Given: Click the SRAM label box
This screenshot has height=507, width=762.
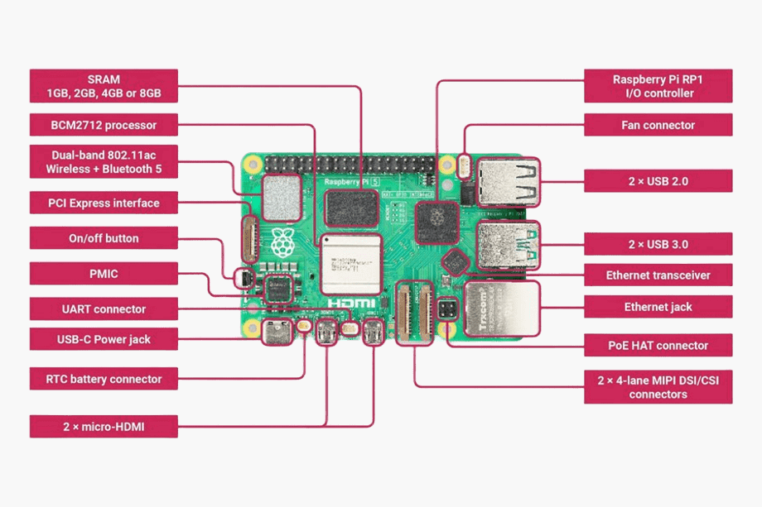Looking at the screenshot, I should pos(104,85).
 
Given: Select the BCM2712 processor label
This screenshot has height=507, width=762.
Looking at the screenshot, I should pos(104,126).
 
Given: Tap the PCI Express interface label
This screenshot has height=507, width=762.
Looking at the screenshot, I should pos(104,203).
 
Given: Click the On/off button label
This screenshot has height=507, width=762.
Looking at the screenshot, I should pos(104,238).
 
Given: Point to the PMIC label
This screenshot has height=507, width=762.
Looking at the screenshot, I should pos(104,273).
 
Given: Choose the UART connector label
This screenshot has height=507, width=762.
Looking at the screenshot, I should pos(104,309).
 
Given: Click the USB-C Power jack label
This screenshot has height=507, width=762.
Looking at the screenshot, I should pos(104,339).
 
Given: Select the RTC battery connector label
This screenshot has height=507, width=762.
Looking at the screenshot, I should pos(104,379).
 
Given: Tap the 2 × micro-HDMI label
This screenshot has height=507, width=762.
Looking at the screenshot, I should pos(104,427).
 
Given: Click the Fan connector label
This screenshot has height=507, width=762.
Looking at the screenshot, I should pos(658,126).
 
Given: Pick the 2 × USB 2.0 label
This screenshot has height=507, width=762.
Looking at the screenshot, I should pos(658,180).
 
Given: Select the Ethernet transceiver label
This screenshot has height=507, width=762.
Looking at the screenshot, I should pos(658,275).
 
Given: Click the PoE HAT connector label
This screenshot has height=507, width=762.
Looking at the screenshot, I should pos(658,345).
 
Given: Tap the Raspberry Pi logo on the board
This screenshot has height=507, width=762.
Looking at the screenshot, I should pos(282,242).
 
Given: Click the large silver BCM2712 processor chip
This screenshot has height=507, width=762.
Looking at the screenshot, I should pos(350,263).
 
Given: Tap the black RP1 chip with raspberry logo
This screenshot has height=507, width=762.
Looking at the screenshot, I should pos(436,221).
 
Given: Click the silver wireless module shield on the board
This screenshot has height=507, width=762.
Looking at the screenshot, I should pos(281,194).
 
